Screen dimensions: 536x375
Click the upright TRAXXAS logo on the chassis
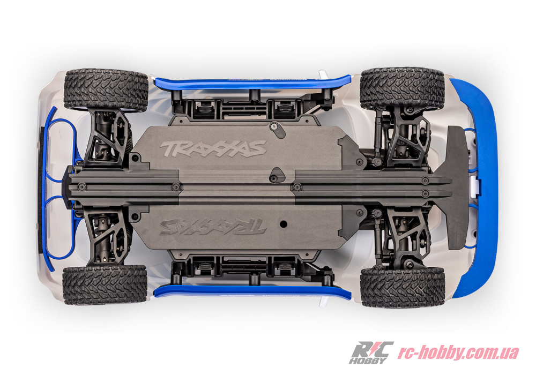(x=213, y=149)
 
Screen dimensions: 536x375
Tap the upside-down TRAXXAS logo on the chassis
(x=213, y=226)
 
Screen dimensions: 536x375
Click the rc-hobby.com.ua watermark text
(x=458, y=352)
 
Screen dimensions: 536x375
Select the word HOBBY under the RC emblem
(x=368, y=360)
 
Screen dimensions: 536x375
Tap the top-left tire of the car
(x=106, y=90)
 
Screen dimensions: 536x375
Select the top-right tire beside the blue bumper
(x=402, y=88)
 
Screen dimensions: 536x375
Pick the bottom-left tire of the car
(x=105, y=285)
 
